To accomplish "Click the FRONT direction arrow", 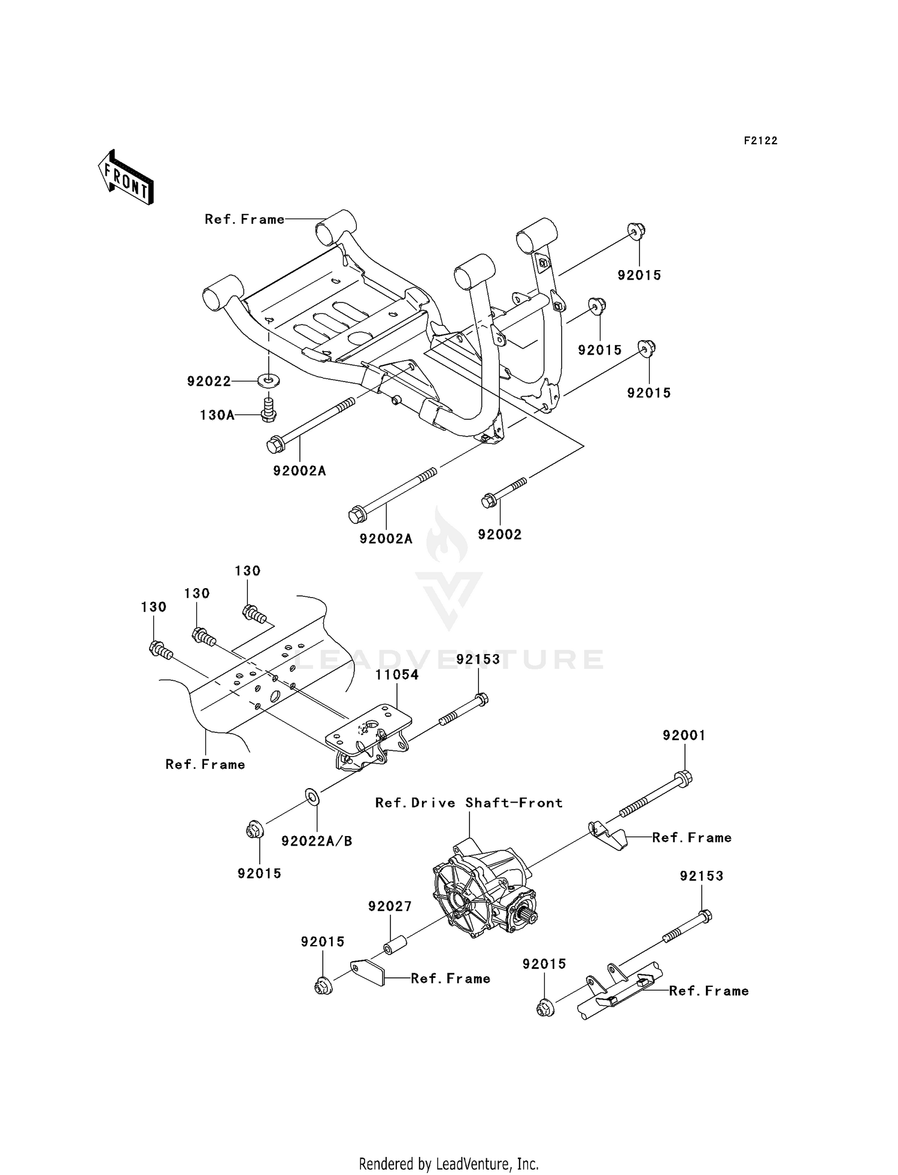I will point(126,178).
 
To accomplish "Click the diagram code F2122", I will point(760,141).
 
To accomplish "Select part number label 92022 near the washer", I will point(208,381).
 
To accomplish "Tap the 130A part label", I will point(217,415).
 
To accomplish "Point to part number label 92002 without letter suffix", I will point(499,535).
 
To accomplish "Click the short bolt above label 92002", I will point(503,492).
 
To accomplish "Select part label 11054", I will point(397,675).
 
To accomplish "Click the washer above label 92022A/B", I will point(312,797).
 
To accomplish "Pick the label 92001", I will point(684,735).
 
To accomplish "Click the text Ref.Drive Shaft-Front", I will point(469,803).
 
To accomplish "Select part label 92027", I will point(390,907).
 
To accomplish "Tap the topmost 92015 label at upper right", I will point(639,275).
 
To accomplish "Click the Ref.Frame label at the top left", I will point(244,220).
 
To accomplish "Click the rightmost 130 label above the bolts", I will point(247,571).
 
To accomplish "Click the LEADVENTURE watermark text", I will point(449,660).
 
